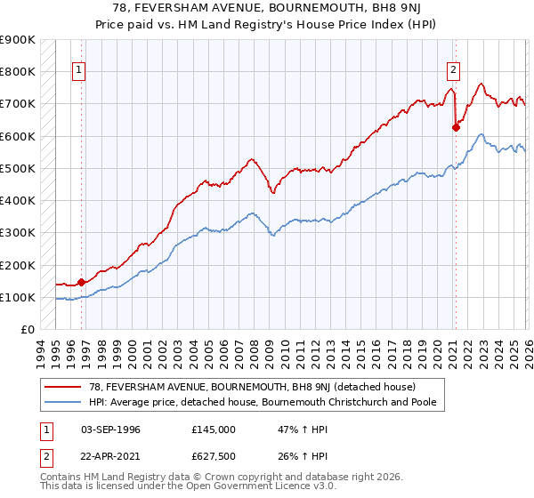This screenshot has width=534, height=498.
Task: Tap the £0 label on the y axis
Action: [x=27, y=330]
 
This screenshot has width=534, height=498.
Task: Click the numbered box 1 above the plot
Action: [x=79, y=70]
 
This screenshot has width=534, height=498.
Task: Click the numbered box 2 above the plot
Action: [x=453, y=70]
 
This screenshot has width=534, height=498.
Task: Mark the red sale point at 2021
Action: [x=456, y=127]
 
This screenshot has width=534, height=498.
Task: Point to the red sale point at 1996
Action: [x=81, y=282]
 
